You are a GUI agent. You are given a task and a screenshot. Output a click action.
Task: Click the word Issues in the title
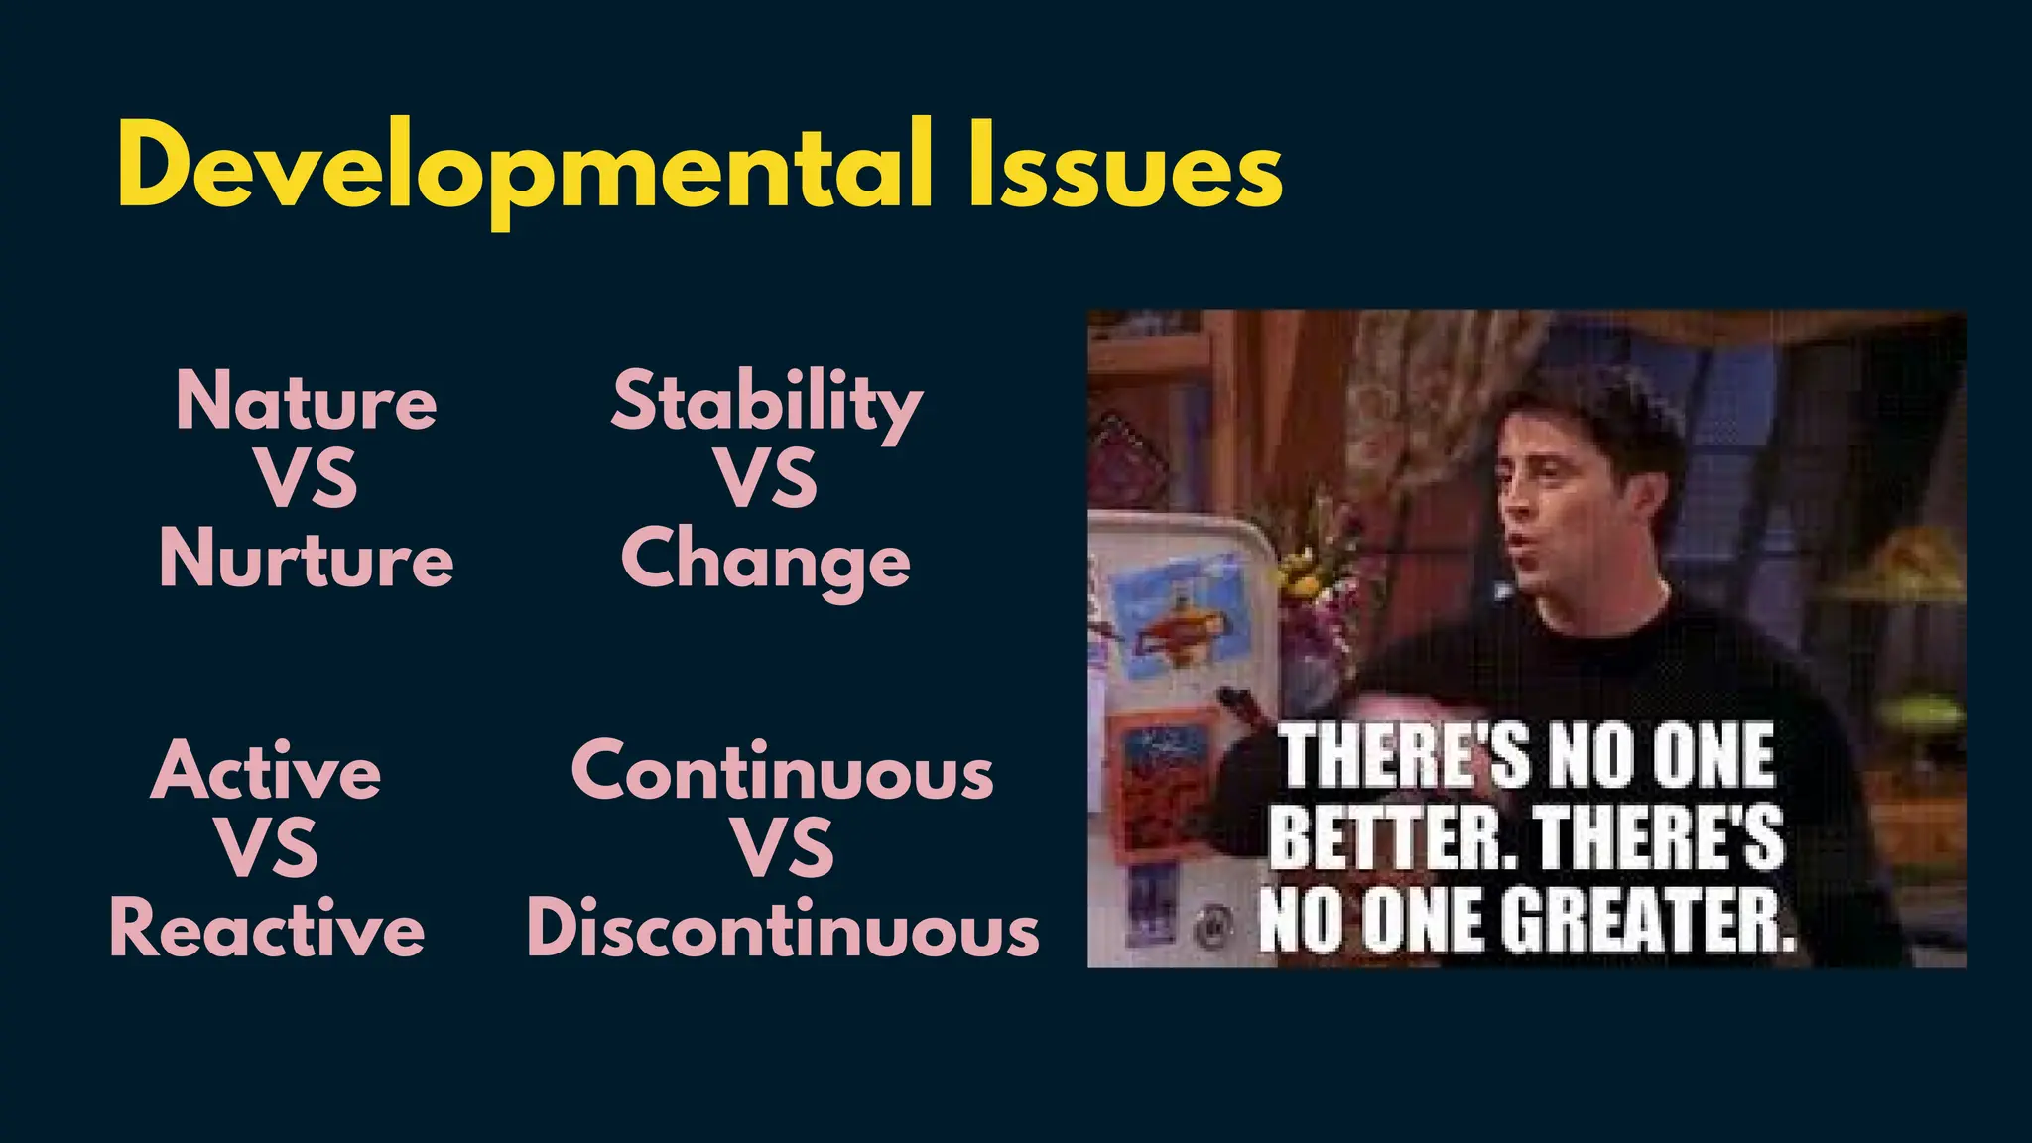pos(1125,165)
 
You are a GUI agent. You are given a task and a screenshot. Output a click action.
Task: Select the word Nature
pos(307,401)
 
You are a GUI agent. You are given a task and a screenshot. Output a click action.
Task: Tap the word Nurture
pos(307,558)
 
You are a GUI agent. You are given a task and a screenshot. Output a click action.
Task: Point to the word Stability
pos(766,403)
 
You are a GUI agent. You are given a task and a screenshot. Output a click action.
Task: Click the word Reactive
pos(267,929)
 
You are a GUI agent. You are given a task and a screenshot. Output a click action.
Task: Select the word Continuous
pos(782,772)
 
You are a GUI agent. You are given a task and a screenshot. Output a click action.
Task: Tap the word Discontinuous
pos(782,929)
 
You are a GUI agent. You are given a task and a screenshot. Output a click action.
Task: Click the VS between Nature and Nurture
pos(307,479)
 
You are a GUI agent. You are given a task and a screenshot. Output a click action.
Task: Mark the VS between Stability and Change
pos(767,479)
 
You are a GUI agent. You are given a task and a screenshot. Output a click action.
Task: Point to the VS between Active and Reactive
pos(267,848)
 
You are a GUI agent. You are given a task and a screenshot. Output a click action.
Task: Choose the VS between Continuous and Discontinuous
pos(783,848)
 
